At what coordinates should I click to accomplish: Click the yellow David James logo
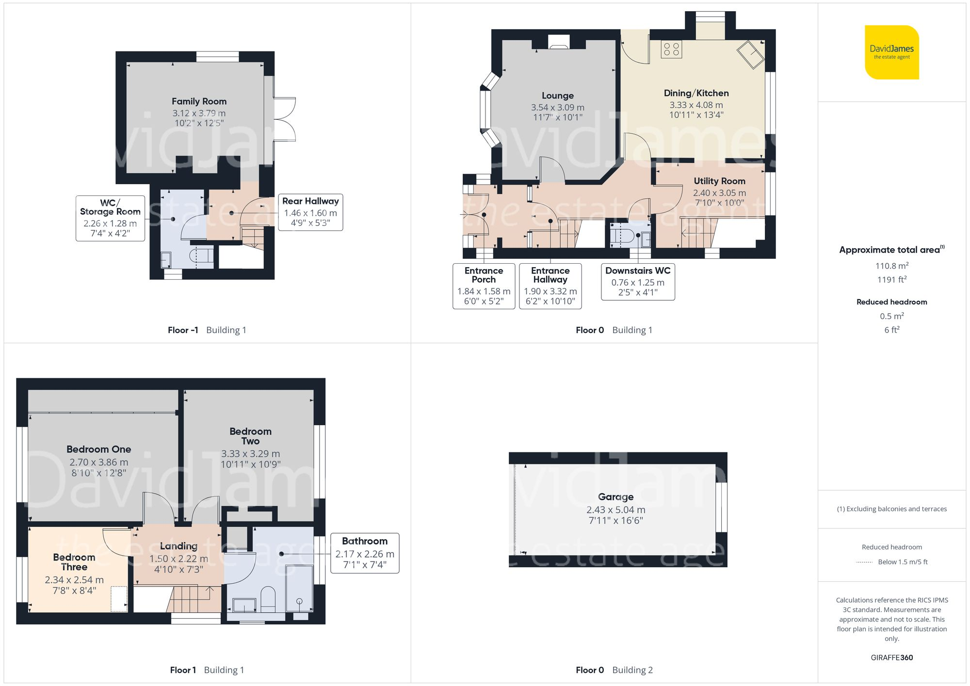coord(891,52)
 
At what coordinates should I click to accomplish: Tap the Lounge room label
coord(558,96)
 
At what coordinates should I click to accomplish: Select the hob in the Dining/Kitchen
coord(671,49)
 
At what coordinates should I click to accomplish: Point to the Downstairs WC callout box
coord(638,282)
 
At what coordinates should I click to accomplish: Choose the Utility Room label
coord(719,181)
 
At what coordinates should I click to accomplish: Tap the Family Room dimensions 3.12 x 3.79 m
coord(199,113)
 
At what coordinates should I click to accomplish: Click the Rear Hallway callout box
coord(310,212)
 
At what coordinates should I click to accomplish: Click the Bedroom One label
coord(99,449)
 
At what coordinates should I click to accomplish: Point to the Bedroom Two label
coord(250,436)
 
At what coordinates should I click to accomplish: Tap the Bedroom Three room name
coord(74,562)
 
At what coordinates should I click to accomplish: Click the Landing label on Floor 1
coord(178,546)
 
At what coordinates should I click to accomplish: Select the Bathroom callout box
coord(365,553)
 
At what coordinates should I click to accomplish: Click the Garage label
coord(615,497)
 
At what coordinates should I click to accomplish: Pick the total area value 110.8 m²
coord(891,266)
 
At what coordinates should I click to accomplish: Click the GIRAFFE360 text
coord(891,658)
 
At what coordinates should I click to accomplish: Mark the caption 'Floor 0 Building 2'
coord(614,670)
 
